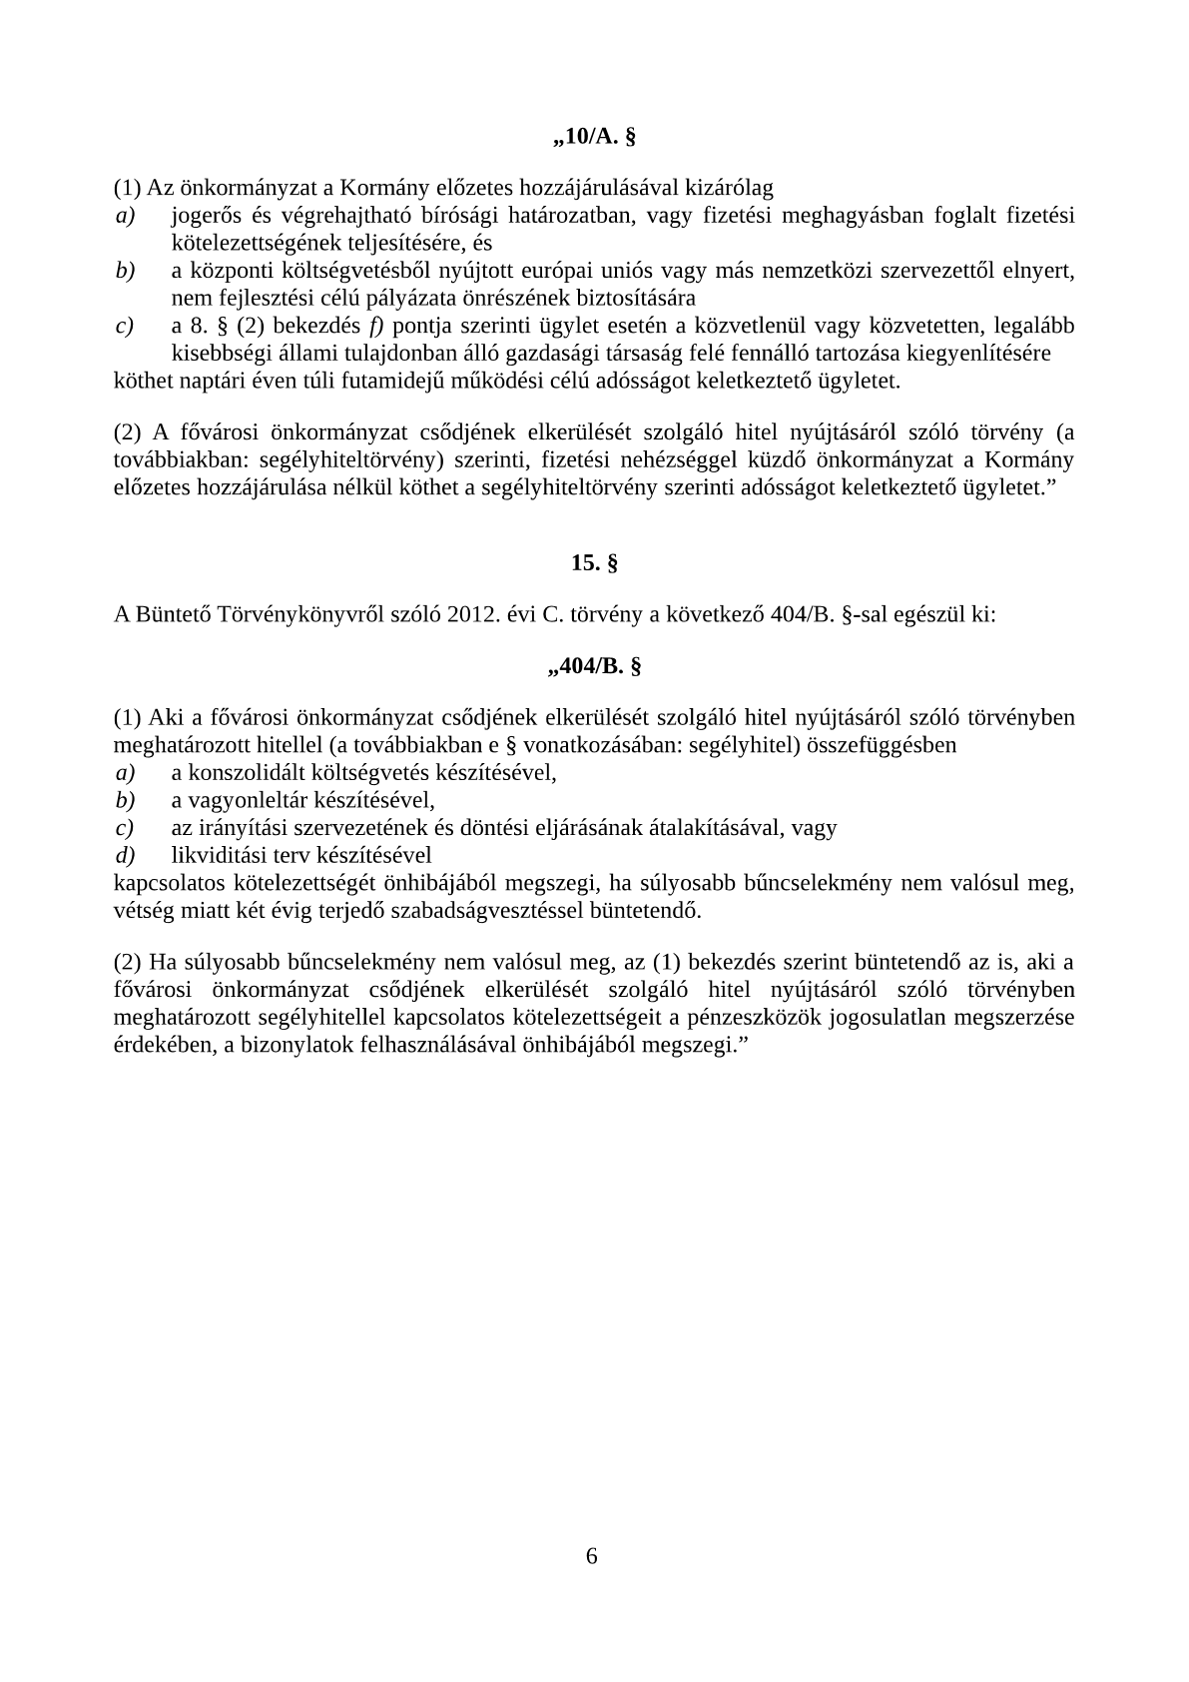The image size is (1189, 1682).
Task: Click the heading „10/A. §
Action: click(594, 137)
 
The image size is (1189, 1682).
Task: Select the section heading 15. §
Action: click(594, 563)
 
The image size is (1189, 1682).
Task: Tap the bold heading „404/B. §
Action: click(594, 666)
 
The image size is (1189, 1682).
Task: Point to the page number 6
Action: click(592, 1556)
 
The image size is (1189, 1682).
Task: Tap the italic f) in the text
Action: click(376, 326)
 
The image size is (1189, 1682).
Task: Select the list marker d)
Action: click(125, 855)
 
